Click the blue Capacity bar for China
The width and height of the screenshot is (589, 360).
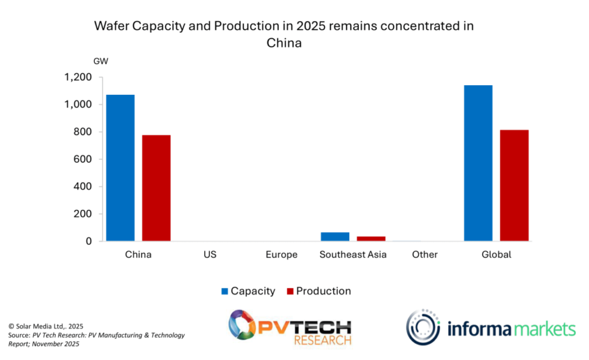point(120,167)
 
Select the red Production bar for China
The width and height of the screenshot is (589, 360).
point(156,187)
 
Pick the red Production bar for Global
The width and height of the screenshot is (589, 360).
point(514,185)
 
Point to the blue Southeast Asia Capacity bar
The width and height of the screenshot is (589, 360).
point(335,236)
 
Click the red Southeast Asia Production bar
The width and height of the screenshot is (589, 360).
point(371,239)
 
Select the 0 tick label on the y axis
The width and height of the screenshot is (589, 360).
point(89,242)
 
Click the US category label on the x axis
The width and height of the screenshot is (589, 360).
point(210,254)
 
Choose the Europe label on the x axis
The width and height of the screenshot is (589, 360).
point(282,254)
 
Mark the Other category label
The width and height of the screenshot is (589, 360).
point(424,254)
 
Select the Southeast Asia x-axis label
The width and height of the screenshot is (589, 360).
point(353,254)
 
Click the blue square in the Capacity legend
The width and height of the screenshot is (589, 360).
point(225,292)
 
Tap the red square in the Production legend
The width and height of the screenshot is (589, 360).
point(290,292)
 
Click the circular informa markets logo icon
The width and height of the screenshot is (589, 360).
point(423,328)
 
